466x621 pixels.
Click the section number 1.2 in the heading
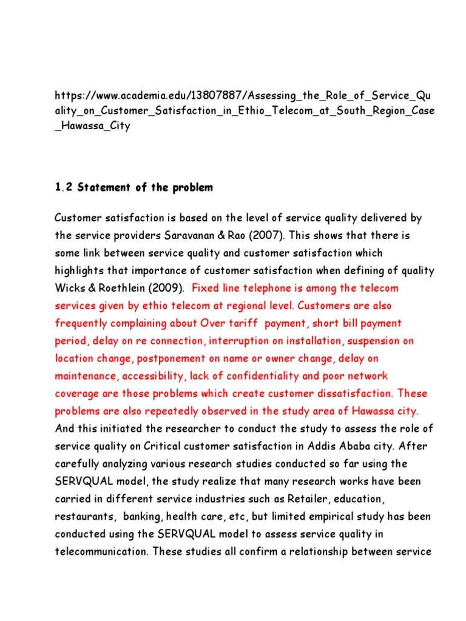click(x=63, y=187)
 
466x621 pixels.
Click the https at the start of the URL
click(x=67, y=96)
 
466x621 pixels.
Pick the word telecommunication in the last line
click(x=101, y=552)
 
